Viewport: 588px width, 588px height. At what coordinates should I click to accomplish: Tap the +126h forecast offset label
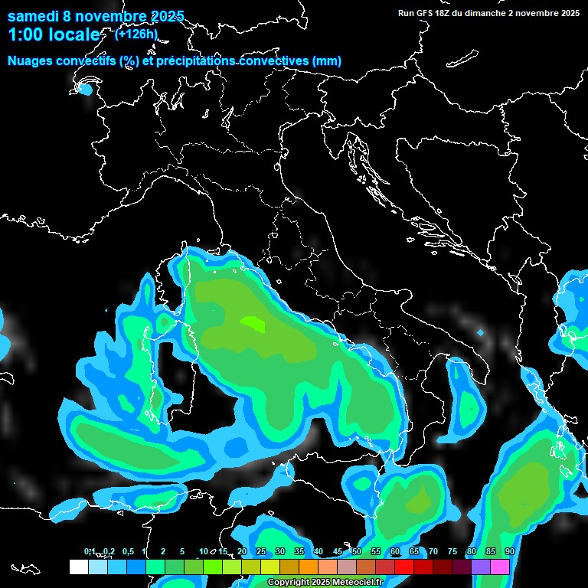click(136, 34)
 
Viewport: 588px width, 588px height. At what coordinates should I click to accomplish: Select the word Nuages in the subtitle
click(30, 61)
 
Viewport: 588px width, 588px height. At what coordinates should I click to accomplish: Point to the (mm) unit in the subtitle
click(326, 61)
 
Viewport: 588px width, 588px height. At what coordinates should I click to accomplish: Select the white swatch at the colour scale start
click(78, 567)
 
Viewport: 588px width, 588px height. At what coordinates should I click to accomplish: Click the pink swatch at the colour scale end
click(500, 567)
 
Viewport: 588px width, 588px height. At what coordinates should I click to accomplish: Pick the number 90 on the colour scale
click(509, 552)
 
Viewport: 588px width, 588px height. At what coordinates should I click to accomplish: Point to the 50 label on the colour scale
click(357, 552)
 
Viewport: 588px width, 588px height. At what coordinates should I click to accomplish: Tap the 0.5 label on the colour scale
click(128, 552)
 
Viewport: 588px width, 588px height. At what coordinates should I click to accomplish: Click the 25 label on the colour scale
click(261, 552)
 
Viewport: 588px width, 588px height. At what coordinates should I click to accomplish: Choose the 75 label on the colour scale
click(452, 552)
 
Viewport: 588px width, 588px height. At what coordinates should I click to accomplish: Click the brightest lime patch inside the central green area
click(253, 324)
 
